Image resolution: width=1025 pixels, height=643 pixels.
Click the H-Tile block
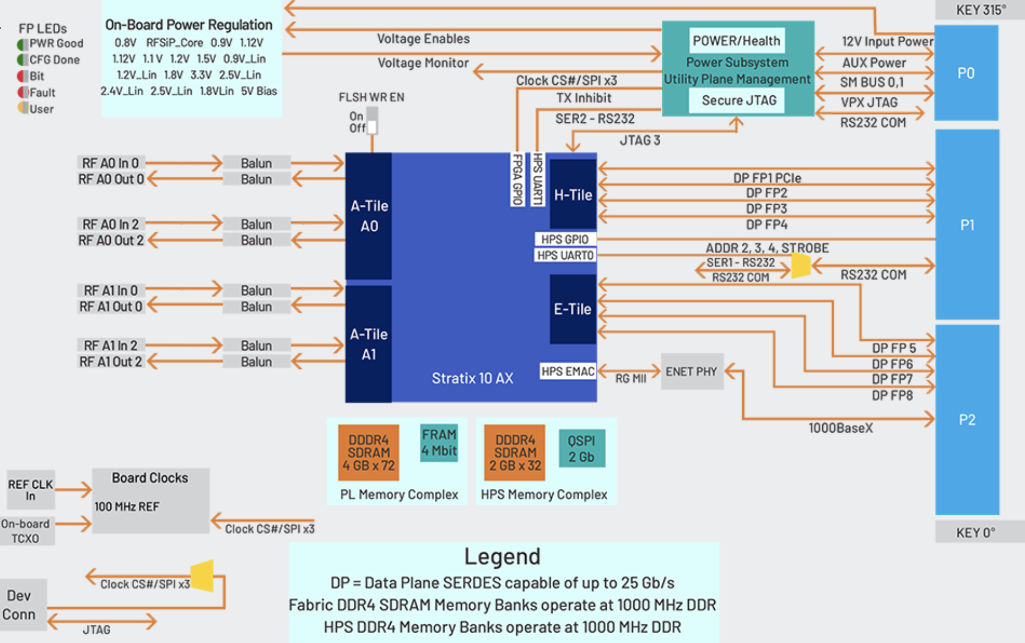click(573, 194)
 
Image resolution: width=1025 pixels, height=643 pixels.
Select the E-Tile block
click(573, 309)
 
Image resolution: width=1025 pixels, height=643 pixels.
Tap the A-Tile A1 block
click(368, 344)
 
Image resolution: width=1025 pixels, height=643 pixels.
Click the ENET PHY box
click(692, 372)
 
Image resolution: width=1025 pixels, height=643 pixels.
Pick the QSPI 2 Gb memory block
click(581, 449)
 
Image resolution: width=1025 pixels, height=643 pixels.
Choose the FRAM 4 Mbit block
click(439, 443)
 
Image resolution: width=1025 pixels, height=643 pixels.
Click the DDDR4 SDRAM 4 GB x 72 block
click(368, 453)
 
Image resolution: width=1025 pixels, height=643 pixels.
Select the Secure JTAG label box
click(738, 100)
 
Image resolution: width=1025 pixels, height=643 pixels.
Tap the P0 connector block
click(966, 73)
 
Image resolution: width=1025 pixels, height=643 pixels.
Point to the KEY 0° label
click(975, 532)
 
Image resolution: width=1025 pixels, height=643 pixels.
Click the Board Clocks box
click(150, 500)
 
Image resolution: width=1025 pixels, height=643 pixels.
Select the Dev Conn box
click(20, 604)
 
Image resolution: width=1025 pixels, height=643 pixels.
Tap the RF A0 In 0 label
click(110, 163)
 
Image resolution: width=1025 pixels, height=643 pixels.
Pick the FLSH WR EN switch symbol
click(372, 121)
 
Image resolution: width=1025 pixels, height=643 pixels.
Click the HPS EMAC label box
click(568, 371)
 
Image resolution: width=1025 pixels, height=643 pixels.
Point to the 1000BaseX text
click(840, 428)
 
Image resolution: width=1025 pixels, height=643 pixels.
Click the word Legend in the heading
click(502, 557)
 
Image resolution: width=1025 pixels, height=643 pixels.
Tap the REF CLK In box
click(30, 489)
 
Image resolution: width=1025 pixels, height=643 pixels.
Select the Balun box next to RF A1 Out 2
click(256, 362)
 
